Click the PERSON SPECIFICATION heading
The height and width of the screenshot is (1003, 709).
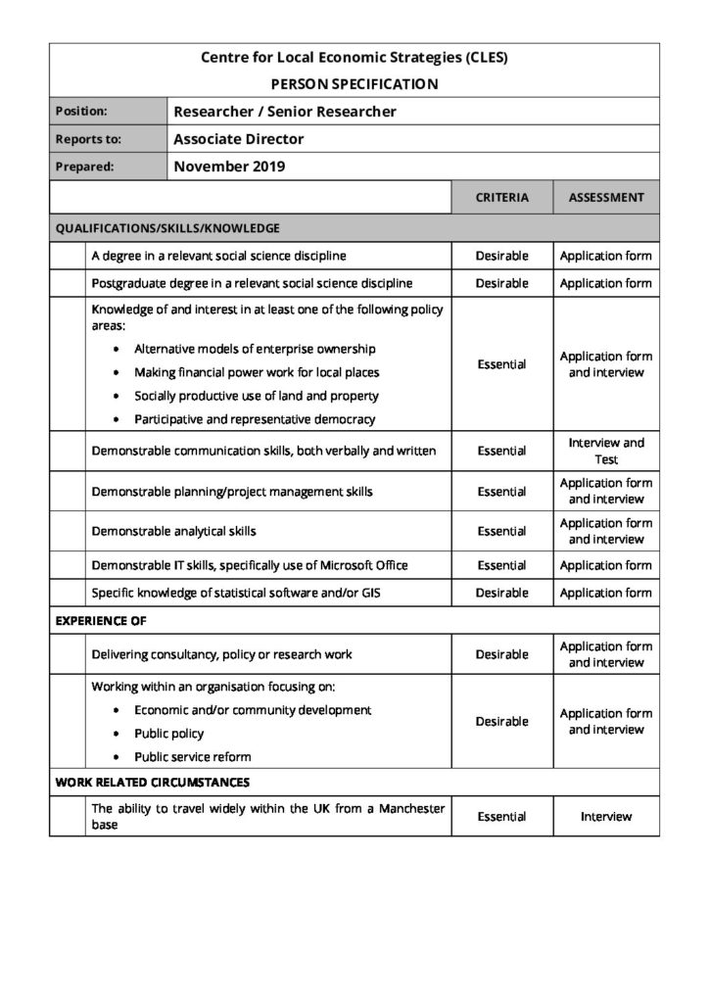354,84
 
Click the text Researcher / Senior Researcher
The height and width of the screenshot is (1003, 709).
285,112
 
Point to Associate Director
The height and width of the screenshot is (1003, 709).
239,139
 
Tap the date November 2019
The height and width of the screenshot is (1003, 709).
229,167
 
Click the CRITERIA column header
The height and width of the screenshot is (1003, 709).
501,197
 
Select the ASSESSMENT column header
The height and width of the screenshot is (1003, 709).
605,197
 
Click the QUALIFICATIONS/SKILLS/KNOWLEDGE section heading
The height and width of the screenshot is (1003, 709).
167,228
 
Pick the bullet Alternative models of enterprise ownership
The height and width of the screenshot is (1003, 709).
255,349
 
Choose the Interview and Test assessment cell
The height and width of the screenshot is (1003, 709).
605,451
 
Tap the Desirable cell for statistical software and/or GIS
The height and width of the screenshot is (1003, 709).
501,593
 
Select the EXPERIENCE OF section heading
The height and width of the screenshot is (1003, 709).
102,621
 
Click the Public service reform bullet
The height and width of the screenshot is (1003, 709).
193,756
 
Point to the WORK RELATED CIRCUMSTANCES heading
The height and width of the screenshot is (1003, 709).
152,783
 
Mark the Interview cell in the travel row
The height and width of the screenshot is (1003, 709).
605,816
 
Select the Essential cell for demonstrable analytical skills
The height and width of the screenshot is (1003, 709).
501,531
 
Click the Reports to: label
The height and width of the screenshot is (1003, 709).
88,139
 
